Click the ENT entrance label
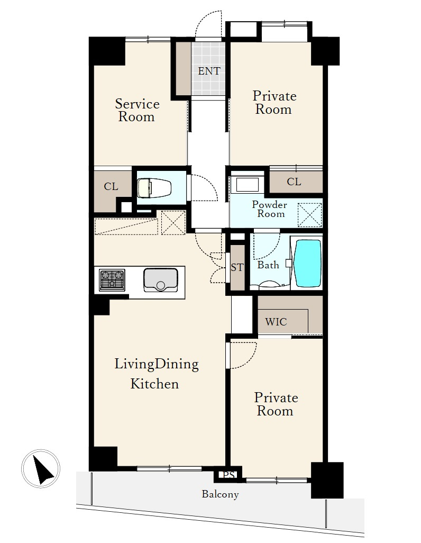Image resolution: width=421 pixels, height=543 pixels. pyautogui.click(x=209, y=71)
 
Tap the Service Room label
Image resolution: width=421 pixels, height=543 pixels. pyautogui.click(x=137, y=110)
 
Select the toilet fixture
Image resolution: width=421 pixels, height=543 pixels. pyautogui.click(x=154, y=188)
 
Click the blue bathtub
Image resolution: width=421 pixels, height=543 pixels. pyautogui.click(x=307, y=263)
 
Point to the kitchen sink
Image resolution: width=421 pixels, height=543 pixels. pyautogui.click(x=161, y=280)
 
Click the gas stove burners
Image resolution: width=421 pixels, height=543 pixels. pyautogui.click(x=112, y=280)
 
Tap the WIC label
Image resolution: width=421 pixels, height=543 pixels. pyautogui.click(x=276, y=322)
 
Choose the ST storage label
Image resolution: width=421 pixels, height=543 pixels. pyautogui.click(x=237, y=267)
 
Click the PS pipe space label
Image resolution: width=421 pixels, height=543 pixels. pyautogui.click(x=229, y=475)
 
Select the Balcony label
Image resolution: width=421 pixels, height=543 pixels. pyautogui.click(x=220, y=494)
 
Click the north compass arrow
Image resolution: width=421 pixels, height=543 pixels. pyautogui.click(x=43, y=469)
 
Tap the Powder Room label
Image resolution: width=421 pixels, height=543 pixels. pyautogui.click(x=269, y=209)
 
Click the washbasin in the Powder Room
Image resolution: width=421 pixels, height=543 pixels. pyautogui.click(x=247, y=185)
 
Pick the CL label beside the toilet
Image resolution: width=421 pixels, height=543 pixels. pyautogui.click(x=111, y=187)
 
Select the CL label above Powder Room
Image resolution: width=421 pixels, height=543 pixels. pyautogui.click(x=294, y=182)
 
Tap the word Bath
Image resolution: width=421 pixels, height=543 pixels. pyautogui.click(x=268, y=265)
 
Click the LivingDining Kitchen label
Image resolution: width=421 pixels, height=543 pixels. pyautogui.click(x=156, y=374)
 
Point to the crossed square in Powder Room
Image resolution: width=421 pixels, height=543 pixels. pyautogui.click(x=310, y=215)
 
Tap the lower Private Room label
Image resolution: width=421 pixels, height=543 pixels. pyautogui.click(x=276, y=404)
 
